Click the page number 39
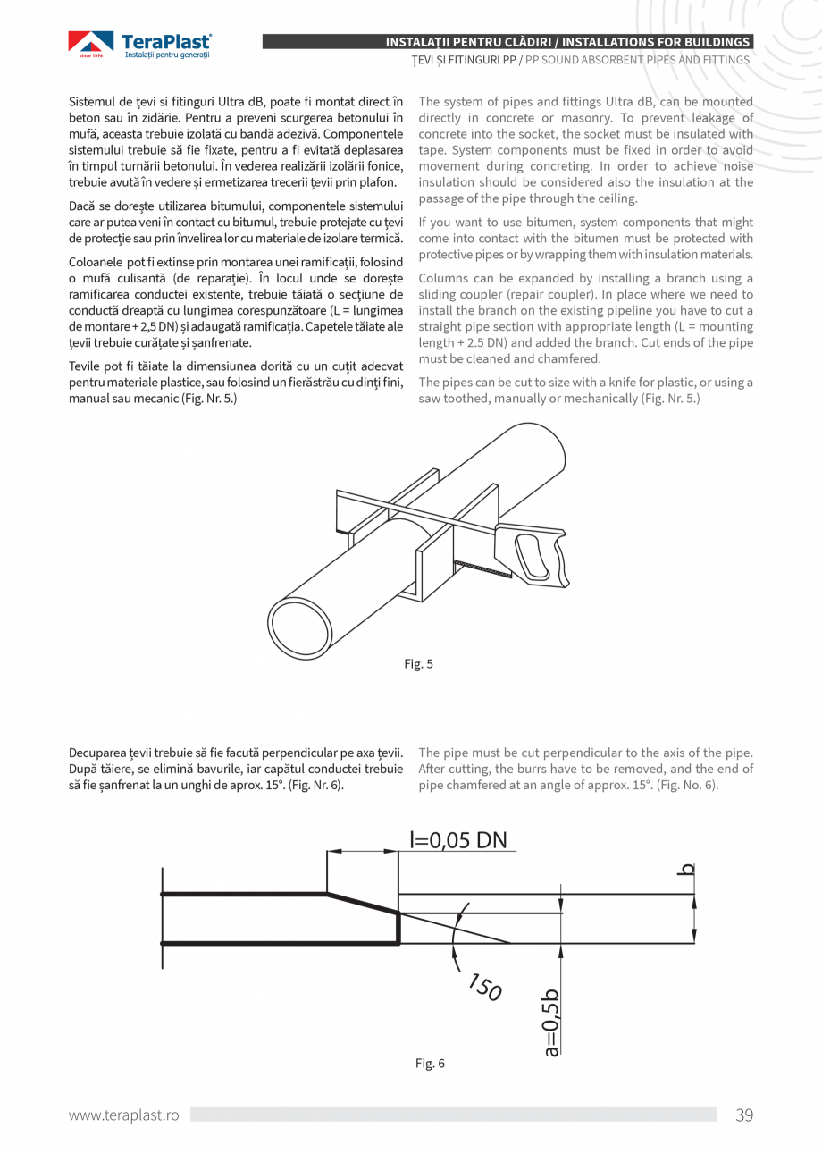pyautogui.click(x=743, y=1115)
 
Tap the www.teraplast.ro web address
pyautogui.click(x=124, y=1115)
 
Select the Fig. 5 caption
pyautogui.click(x=418, y=664)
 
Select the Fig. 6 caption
pyautogui.click(x=430, y=1063)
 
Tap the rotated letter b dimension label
pyautogui.click(x=687, y=868)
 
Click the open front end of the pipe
pyautogui.click(x=300, y=628)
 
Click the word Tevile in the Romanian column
pyautogui.click(x=85, y=366)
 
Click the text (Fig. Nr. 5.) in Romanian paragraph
pyautogui.click(x=207, y=399)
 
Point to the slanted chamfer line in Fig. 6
pyautogui.click(x=362, y=903)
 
